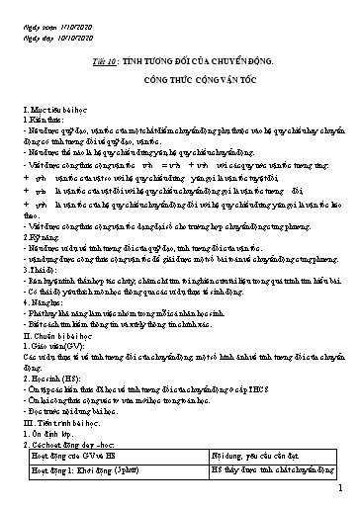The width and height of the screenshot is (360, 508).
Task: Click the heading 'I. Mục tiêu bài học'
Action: (53, 105)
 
